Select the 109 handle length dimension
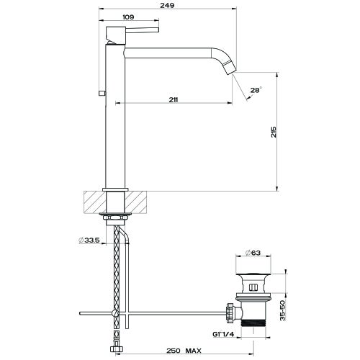tap(128, 17)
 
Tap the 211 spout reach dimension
tap(174, 99)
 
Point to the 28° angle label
tap(255, 90)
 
